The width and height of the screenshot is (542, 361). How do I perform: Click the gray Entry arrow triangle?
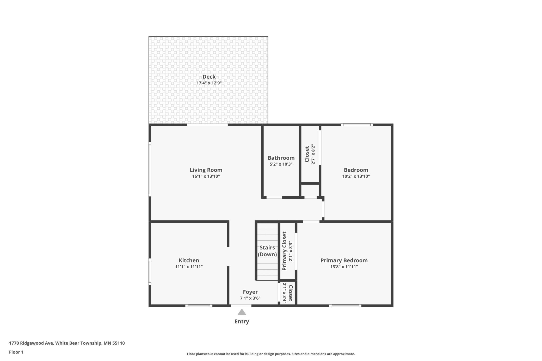(x=242, y=312)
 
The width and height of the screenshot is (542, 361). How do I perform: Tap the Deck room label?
(x=209, y=77)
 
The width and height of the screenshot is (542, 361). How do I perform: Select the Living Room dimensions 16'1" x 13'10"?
(x=206, y=176)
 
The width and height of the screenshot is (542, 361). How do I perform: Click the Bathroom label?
(x=281, y=158)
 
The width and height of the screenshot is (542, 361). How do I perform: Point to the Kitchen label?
(x=189, y=260)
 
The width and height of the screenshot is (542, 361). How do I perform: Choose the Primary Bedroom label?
(x=344, y=260)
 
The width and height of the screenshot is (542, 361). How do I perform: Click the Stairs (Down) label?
(x=267, y=251)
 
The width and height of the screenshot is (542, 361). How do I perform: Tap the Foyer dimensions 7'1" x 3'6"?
(x=250, y=298)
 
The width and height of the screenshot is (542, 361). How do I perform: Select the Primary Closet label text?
(x=284, y=251)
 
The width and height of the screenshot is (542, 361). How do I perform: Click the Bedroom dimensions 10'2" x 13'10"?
(x=356, y=176)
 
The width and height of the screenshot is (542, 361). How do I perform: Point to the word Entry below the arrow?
(x=242, y=321)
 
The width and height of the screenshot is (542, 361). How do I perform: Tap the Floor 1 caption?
(x=16, y=352)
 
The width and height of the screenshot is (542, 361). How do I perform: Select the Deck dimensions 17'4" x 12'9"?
(x=209, y=83)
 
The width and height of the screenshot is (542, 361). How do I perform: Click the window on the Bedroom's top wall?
(x=357, y=125)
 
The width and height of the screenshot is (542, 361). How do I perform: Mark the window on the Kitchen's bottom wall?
(x=199, y=306)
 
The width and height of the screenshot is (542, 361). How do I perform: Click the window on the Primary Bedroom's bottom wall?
(x=345, y=306)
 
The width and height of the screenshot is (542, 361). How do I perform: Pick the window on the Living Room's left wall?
(x=150, y=169)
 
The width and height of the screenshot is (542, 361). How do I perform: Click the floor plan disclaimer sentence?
(x=271, y=354)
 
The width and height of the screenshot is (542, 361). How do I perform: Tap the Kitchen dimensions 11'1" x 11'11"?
(x=189, y=267)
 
